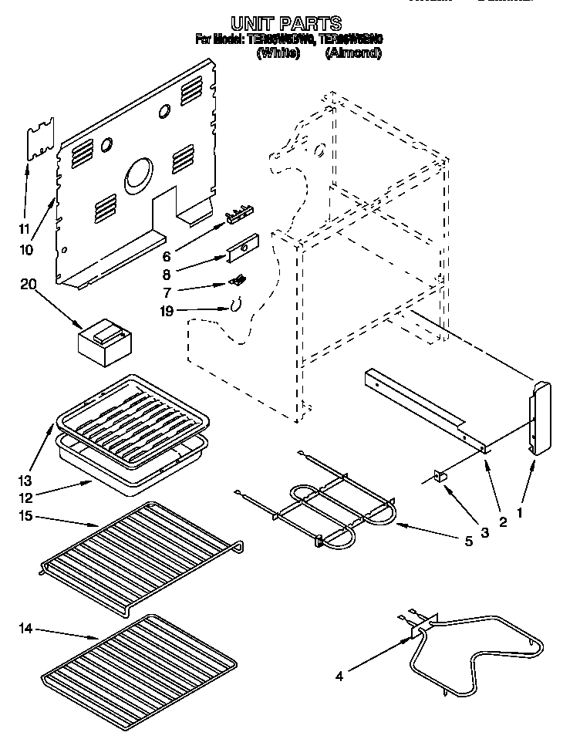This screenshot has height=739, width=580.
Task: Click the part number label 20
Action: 28,284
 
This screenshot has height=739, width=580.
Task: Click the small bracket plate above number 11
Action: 40,138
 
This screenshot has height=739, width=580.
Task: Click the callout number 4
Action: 339,678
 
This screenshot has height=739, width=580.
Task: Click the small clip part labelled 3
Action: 443,477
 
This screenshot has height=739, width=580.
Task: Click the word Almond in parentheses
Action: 353,53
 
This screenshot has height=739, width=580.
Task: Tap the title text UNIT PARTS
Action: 285,23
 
